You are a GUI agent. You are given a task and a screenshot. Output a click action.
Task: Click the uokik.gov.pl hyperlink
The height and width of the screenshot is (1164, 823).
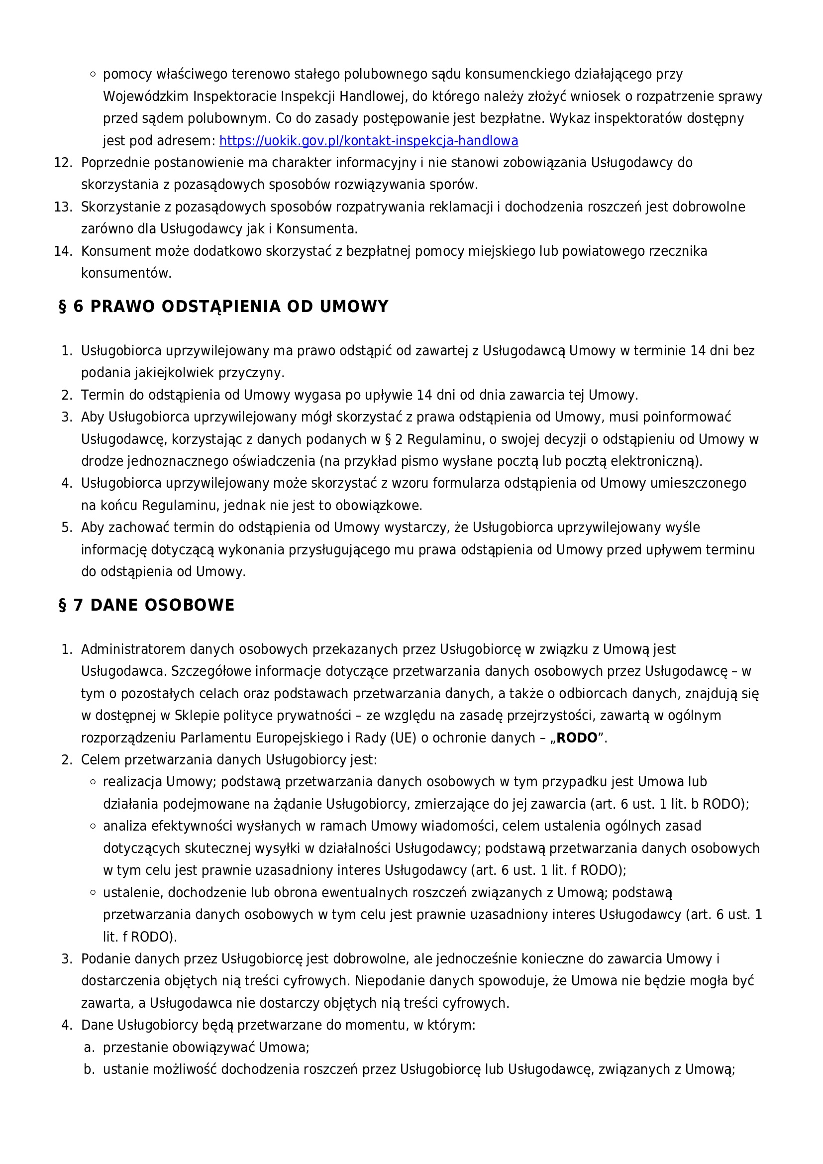(368, 141)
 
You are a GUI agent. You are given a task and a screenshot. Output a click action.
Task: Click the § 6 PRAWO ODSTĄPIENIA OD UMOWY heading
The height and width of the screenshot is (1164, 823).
(223, 307)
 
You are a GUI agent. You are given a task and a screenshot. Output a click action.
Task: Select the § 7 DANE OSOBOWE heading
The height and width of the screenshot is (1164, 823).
(146, 605)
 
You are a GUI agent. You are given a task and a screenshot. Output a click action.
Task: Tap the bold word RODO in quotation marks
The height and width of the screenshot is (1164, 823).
(577, 738)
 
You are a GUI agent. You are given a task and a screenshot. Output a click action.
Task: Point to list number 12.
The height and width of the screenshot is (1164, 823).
(63, 163)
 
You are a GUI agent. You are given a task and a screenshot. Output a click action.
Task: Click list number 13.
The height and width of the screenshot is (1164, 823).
(63, 208)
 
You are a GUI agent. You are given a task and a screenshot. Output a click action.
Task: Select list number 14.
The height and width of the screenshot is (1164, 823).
(63, 251)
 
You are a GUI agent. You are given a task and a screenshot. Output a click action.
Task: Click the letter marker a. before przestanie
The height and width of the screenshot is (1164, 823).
(89, 1048)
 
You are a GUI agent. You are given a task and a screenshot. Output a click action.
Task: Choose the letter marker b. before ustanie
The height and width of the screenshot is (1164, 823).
(89, 1070)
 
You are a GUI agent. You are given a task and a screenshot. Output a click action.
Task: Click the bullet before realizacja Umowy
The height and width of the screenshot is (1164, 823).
(93, 782)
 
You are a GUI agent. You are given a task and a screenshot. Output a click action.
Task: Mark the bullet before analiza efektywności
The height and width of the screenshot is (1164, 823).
(93, 826)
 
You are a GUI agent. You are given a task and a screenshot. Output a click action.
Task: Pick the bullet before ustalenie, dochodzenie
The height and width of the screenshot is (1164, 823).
(93, 892)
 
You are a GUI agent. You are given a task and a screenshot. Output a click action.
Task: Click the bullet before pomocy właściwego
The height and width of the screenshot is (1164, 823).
(93, 74)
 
